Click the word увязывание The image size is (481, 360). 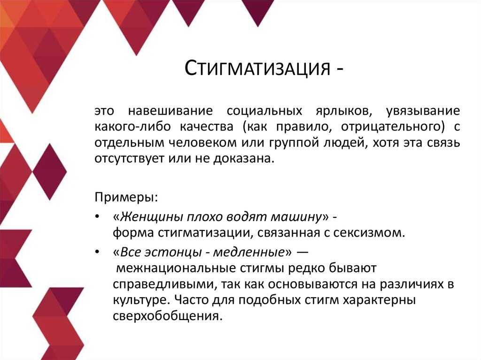pos(422,112)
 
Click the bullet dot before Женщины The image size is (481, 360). pos(97,217)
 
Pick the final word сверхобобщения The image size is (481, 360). pos(167,315)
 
